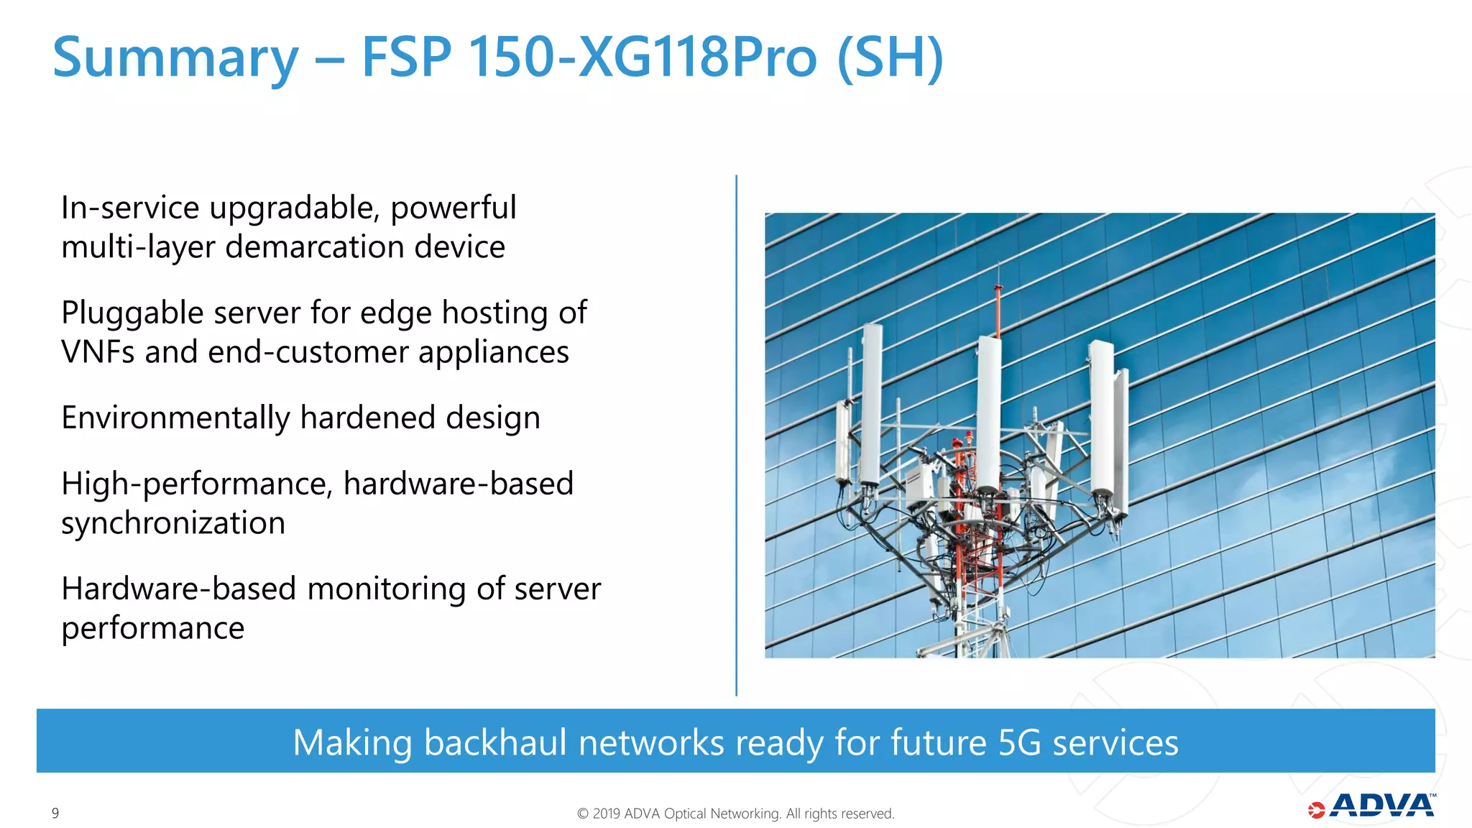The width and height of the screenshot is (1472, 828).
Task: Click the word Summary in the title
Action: pos(175,59)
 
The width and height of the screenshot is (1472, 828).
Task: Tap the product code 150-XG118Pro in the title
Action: pos(643,57)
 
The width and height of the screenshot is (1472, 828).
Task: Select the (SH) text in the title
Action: pos(890,57)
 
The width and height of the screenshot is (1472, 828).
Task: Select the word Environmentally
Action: pos(175,418)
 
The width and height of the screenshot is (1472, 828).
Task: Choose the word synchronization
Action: pos(173,523)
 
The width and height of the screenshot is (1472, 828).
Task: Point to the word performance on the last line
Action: pos(153,628)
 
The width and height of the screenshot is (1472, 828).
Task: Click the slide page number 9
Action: pos(55,813)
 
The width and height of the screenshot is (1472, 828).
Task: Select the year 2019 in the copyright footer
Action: pos(607,814)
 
